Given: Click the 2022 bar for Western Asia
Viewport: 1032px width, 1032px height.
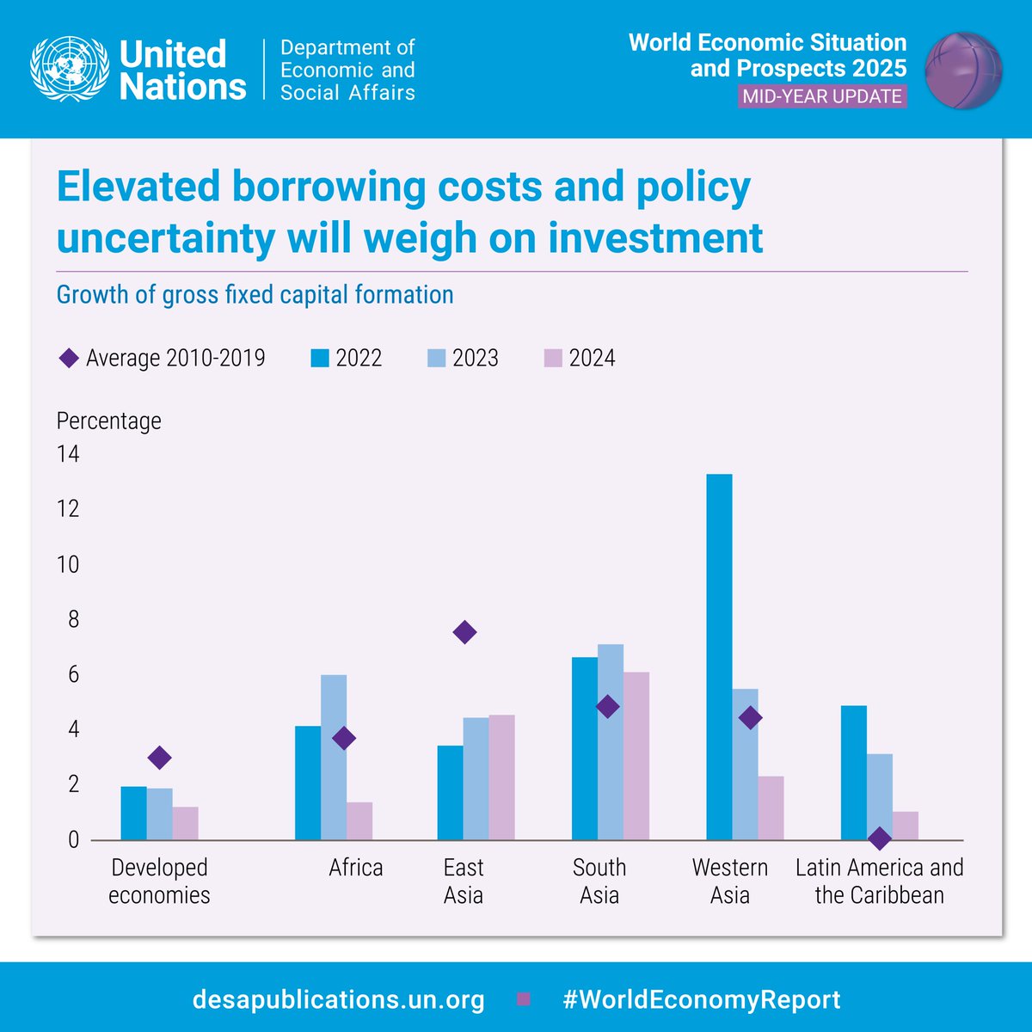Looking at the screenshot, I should click(719, 657).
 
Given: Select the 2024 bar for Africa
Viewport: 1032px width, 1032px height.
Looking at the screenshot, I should click(359, 821).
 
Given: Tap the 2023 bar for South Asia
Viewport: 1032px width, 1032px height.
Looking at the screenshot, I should click(611, 742).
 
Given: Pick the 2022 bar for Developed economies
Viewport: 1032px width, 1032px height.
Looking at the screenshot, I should click(133, 814).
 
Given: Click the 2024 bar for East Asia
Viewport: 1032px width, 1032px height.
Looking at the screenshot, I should click(501, 777).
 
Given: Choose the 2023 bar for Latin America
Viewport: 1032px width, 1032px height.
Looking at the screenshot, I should click(880, 797).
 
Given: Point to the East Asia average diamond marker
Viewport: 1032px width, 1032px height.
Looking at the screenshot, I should click(464, 633).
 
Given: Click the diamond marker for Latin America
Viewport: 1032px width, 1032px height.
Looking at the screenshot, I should click(879, 838).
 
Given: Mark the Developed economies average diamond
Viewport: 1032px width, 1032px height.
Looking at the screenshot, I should click(159, 758).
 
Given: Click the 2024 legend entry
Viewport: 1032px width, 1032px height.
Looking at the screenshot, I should click(581, 358).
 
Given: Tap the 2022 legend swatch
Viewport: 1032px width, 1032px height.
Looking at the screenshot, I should click(320, 358).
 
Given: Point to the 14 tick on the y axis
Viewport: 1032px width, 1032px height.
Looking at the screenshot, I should click(68, 454).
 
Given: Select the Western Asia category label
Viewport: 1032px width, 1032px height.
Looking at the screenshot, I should click(730, 881).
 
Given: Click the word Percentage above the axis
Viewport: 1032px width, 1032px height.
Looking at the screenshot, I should click(109, 421).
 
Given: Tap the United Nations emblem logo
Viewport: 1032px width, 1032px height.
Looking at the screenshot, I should click(69, 69).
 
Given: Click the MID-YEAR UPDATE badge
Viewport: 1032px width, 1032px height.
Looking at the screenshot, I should click(823, 95).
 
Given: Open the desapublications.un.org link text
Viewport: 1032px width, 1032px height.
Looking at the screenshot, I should click(339, 1000).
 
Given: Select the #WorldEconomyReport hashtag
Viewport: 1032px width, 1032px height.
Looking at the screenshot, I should click(702, 1000).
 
